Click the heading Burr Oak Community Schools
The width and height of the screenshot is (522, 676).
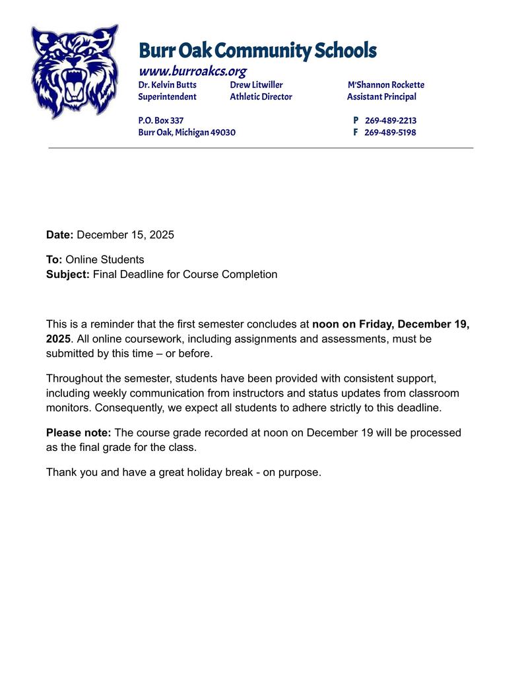click(257, 50)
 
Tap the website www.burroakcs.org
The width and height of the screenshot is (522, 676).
click(192, 71)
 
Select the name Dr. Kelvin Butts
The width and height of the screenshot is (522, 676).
click(167, 84)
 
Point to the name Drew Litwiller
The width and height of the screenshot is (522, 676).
click(256, 84)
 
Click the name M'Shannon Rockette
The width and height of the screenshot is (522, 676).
click(386, 84)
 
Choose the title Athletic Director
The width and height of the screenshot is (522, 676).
click(261, 96)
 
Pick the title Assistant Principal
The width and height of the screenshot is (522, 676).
click(381, 96)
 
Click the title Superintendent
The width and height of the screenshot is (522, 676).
click(167, 96)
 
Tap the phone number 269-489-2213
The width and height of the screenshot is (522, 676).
click(390, 120)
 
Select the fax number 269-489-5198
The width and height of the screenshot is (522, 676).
click(390, 132)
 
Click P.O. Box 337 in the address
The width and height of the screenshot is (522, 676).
click(160, 120)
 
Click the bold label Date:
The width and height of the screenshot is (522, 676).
click(60, 234)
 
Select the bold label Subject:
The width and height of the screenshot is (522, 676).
click(68, 274)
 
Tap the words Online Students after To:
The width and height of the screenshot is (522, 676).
click(104, 259)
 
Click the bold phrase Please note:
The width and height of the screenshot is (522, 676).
click(79, 432)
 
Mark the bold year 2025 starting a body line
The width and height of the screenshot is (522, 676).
click(58, 338)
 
